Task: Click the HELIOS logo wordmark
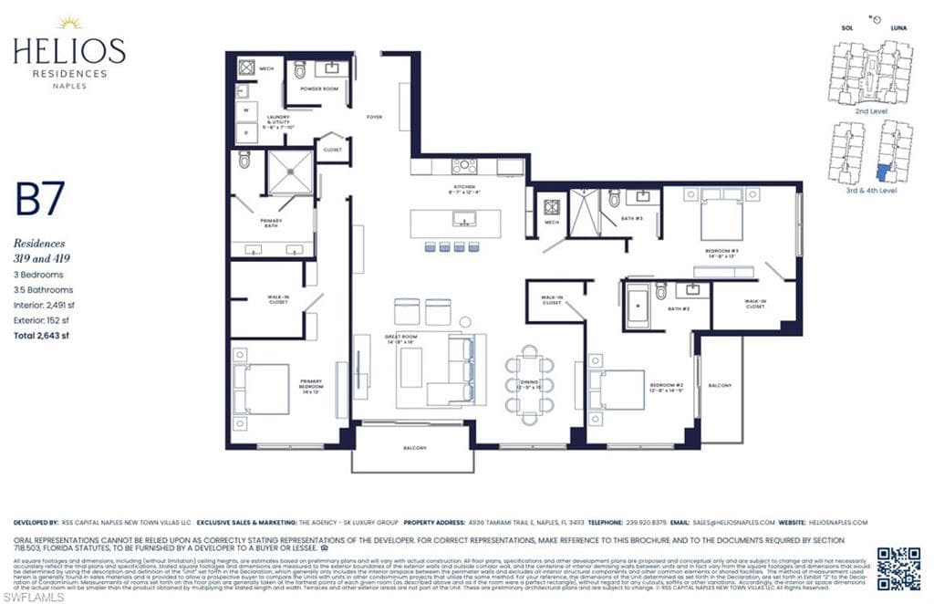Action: (69, 50)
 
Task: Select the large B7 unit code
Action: (39, 201)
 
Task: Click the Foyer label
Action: (374, 117)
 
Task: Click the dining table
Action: (530, 383)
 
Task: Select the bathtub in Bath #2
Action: (637, 306)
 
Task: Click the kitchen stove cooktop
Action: (463, 166)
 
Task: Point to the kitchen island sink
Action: (462, 219)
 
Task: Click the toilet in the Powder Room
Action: (299, 69)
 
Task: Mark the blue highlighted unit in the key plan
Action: (883, 172)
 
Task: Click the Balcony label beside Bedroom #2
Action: (720, 386)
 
